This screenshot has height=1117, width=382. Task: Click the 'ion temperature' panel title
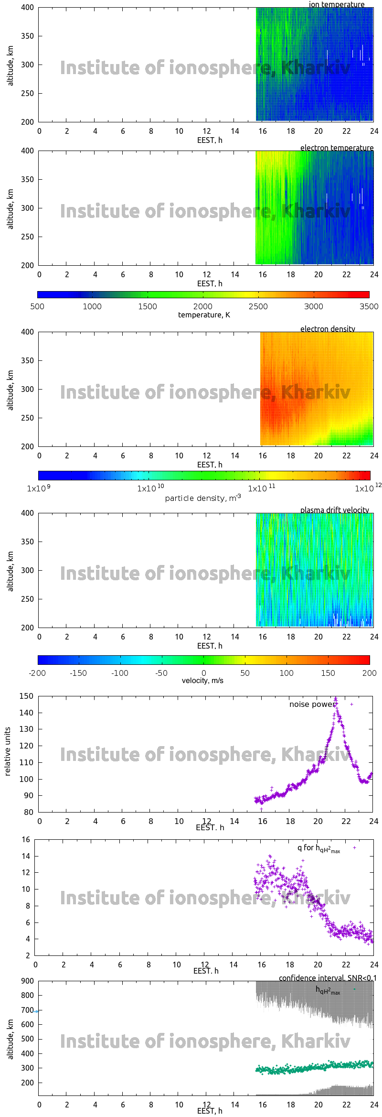(x=336, y=4)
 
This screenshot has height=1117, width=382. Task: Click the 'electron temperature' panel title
(x=337, y=148)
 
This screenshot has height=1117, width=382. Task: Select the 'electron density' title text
(x=328, y=329)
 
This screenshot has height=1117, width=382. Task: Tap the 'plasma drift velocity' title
(x=334, y=510)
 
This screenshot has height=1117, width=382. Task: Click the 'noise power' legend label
(x=312, y=704)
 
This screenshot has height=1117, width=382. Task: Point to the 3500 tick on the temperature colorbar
(x=369, y=306)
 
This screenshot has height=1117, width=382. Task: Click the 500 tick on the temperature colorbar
(x=37, y=306)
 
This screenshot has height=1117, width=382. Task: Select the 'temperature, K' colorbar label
(x=204, y=314)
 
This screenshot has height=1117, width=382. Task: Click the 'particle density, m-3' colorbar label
(x=203, y=498)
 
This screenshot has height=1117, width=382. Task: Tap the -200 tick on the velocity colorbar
(x=37, y=673)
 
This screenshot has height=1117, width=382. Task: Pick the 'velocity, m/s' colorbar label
(x=202, y=680)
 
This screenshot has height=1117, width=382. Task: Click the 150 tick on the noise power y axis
(x=26, y=696)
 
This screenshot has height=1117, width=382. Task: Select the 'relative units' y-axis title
(x=8, y=751)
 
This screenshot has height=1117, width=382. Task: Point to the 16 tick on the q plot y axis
(x=26, y=839)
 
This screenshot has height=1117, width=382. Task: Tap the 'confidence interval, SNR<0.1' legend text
(x=327, y=978)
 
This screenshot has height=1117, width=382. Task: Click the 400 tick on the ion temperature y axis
(x=27, y=7)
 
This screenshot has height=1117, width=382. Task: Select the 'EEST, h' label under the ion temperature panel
(x=210, y=140)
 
